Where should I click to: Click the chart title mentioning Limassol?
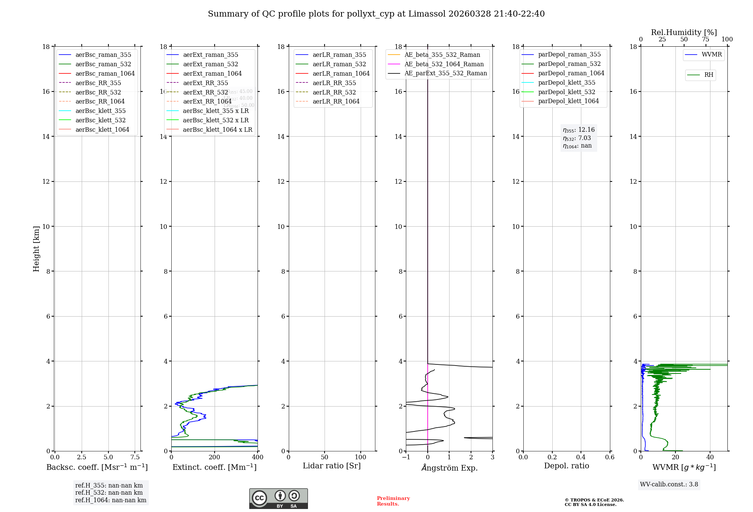click(x=376, y=14)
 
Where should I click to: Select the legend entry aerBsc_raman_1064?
click(x=105, y=73)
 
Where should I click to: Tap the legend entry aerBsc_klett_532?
click(x=100, y=120)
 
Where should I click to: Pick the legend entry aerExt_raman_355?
click(x=210, y=55)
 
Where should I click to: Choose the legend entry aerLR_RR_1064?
click(x=336, y=101)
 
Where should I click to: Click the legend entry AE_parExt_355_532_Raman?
click(x=445, y=73)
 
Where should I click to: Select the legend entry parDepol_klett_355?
click(x=566, y=82)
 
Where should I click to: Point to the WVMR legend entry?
click(x=711, y=55)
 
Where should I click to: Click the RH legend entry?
click(x=708, y=75)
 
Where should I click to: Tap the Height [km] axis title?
click(x=36, y=248)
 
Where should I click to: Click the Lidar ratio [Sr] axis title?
click(x=331, y=466)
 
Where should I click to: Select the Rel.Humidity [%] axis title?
click(x=684, y=32)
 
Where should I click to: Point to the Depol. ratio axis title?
click(x=566, y=466)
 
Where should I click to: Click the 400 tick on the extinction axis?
click(x=258, y=457)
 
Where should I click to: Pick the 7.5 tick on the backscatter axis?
click(x=135, y=457)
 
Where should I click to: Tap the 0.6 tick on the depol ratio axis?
click(x=610, y=457)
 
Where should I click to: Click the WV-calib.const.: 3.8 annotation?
click(x=669, y=485)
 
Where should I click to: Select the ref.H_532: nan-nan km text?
click(x=109, y=492)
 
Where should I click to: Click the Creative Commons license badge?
click(x=278, y=498)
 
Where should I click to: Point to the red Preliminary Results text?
click(x=393, y=501)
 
